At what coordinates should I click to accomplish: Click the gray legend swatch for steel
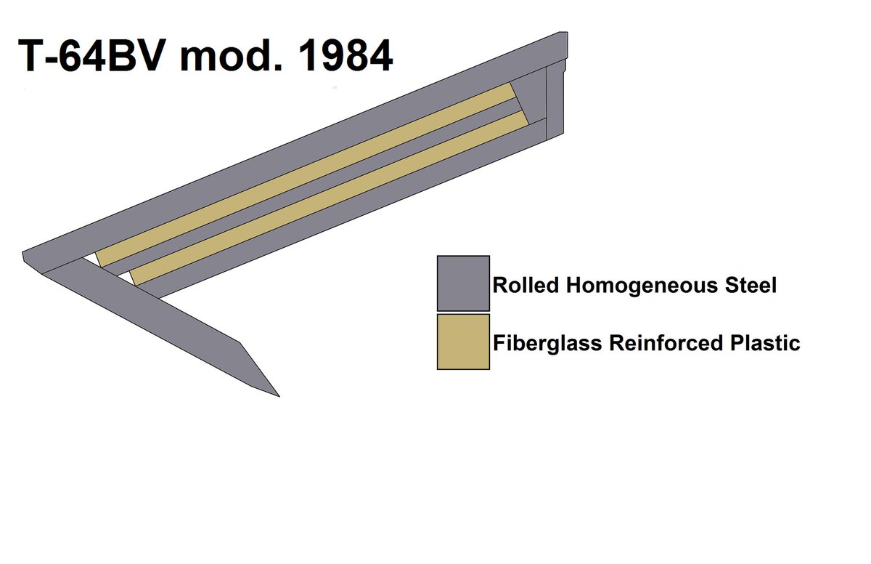(x=463, y=283)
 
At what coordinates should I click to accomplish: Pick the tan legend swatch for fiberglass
(x=463, y=342)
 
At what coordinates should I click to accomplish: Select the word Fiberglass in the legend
(x=547, y=342)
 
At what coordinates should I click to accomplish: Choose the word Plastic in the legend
(x=765, y=342)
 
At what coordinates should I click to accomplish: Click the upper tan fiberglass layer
(x=305, y=174)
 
